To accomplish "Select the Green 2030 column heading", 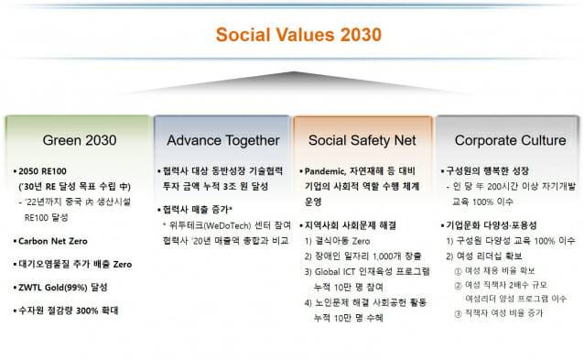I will pos(77,140).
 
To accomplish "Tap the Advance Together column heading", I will pos(222,140).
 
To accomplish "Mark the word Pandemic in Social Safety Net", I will pos(328,170).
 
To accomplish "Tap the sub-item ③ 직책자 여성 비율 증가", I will pos(501,313).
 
